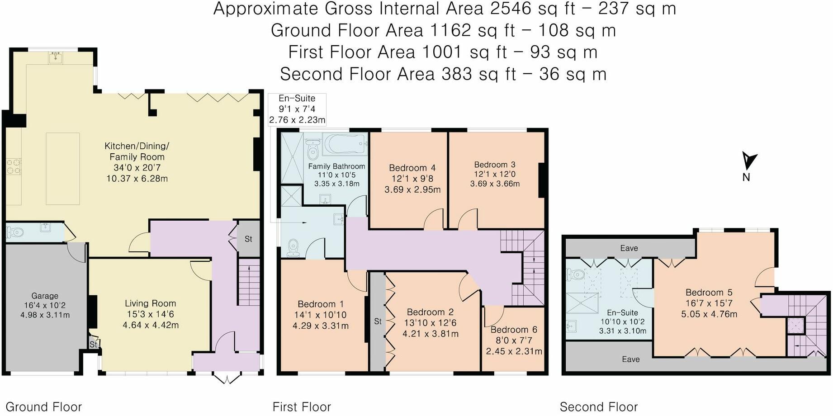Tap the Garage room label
[45, 296]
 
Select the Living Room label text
[151, 303]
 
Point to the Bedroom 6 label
[514, 330]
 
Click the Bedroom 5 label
[709, 293]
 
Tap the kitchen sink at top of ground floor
[56, 57]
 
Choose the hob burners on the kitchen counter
[13, 166]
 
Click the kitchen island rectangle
[63, 169]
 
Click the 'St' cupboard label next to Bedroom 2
[378, 321]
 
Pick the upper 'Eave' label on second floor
[629, 248]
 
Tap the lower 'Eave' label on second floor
[631, 359]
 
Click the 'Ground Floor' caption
[43, 407]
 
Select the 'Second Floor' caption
[599, 407]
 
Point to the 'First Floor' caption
[302, 407]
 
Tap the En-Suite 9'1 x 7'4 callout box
[297, 109]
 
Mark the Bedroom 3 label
[495, 165]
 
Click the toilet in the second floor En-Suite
[575, 274]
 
